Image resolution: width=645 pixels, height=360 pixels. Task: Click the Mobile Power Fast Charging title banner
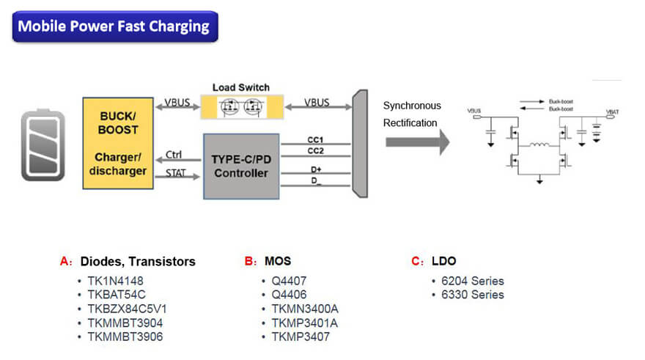[114, 27]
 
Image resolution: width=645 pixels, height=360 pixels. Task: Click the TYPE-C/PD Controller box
[240, 166]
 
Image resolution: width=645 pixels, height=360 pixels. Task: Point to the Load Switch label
[240, 88]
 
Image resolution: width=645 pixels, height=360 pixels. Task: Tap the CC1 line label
[315, 139]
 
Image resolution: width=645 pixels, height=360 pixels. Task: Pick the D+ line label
[315, 169]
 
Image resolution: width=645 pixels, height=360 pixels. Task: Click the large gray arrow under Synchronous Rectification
[417, 142]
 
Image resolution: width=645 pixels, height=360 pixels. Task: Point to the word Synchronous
[412, 106]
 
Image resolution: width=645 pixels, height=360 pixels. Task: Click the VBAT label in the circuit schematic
[612, 111]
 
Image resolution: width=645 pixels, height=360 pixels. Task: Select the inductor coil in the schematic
[541, 145]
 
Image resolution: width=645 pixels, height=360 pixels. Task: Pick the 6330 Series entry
[472, 295]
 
